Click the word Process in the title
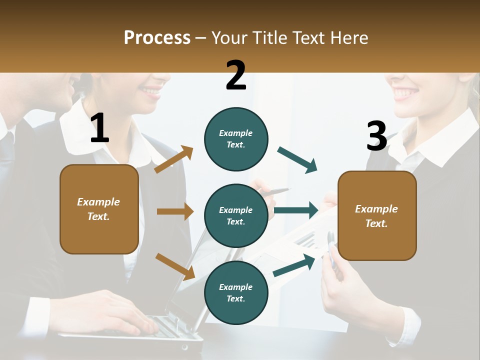pyautogui.click(x=157, y=38)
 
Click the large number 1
pyautogui.click(x=99, y=128)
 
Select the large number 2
pyautogui.click(x=236, y=75)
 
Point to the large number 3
pyautogui.click(x=376, y=136)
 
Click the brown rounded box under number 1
pyautogui.click(x=99, y=209)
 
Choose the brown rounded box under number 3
pyautogui.click(x=377, y=216)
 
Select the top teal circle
pyautogui.click(x=236, y=139)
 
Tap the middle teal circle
pyautogui.click(x=236, y=216)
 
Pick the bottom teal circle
pyautogui.click(x=236, y=292)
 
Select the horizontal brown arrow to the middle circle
pyautogui.click(x=175, y=211)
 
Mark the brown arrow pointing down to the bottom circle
pyautogui.click(x=175, y=266)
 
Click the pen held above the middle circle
pyautogui.click(x=274, y=191)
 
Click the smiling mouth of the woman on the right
pyautogui.click(x=405, y=93)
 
